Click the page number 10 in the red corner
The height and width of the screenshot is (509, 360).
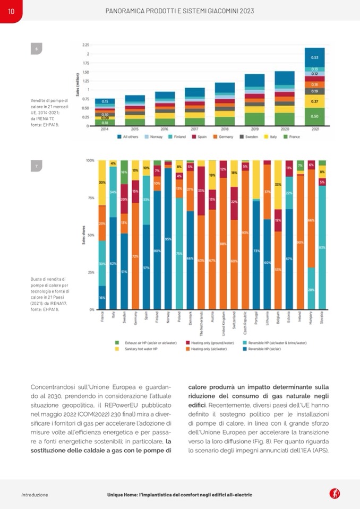(11, 11)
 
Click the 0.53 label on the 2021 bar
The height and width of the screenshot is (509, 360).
(314, 57)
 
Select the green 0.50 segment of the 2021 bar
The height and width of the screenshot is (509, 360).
(314, 116)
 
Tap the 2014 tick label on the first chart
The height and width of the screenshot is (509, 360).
(105, 129)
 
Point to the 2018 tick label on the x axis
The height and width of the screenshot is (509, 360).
(225, 129)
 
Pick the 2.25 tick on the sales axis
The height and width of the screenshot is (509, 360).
(85, 45)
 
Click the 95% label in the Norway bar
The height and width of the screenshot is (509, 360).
(168, 239)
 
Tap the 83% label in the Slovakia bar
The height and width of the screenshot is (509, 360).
(322, 247)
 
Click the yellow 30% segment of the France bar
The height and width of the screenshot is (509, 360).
(102, 183)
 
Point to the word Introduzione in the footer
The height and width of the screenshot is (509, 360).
(35, 495)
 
